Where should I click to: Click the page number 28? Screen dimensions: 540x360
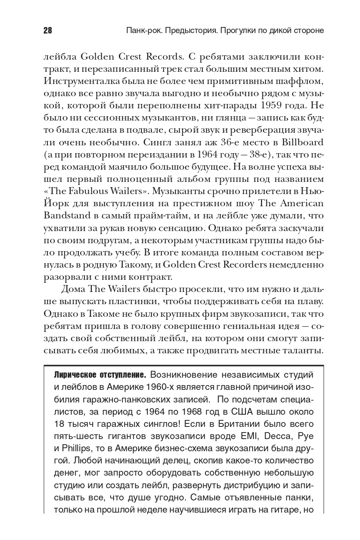coord(47,31)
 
